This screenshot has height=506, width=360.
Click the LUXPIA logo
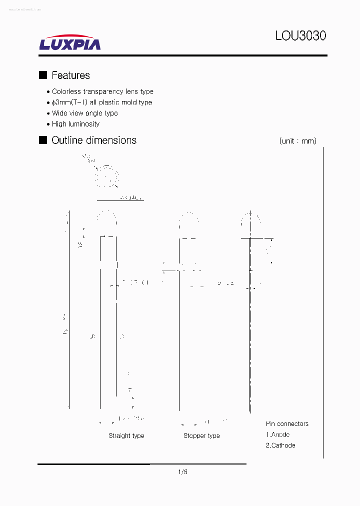point(70,42)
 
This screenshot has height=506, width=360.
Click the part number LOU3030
point(300,36)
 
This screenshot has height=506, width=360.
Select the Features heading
point(70,75)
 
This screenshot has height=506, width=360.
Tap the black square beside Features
point(43,75)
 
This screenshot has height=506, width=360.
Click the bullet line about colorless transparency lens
point(102,91)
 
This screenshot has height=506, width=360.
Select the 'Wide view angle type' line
point(84,113)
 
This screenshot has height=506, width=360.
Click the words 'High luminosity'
point(75,124)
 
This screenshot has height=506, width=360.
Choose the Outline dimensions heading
point(94,140)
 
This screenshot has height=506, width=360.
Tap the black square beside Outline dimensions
point(43,140)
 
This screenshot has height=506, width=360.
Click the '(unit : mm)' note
point(297,141)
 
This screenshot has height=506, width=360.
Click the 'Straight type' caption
point(126,436)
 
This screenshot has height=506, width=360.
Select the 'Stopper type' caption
point(201,436)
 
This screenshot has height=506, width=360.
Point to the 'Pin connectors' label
point(287,424)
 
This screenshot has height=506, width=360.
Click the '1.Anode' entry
point(277,435)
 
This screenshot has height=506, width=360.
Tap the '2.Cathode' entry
point(280,445)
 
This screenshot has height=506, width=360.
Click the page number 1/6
point(182,472)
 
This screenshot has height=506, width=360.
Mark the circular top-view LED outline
point(107,175)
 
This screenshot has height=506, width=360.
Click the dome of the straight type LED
point(107,219)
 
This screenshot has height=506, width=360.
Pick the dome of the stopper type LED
point(189,220)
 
